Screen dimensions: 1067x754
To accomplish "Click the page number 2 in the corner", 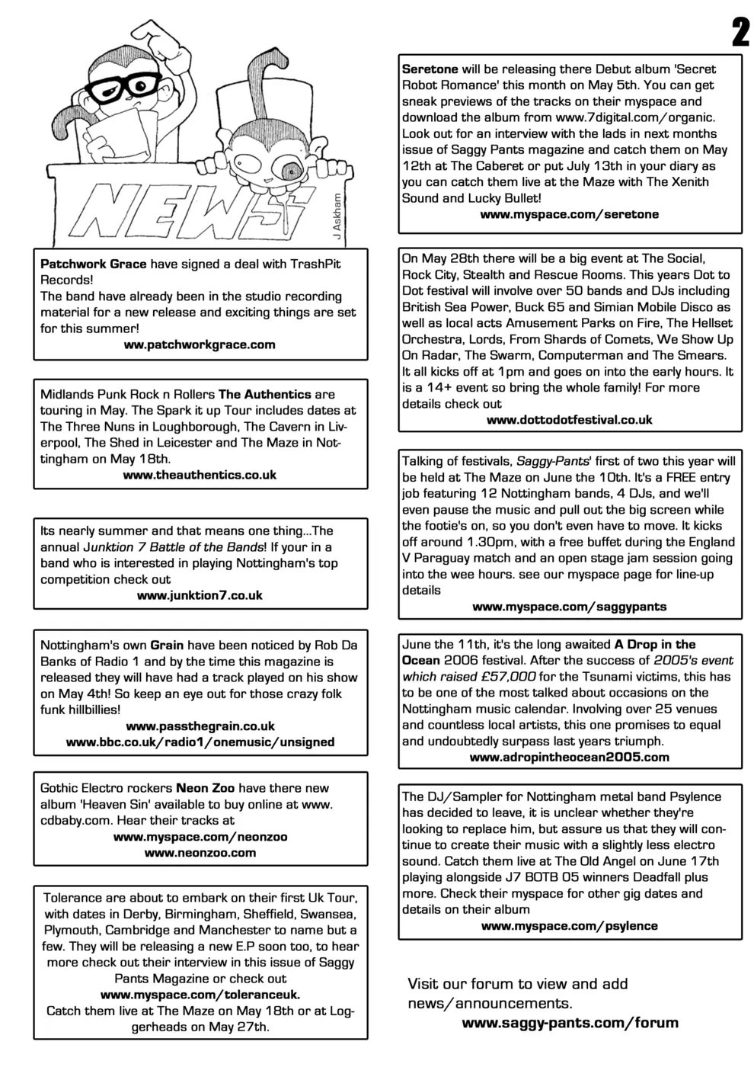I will pos(739,32).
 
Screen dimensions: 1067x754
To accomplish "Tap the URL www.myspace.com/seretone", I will pos(569,214).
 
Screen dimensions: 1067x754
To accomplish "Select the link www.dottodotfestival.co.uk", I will pos(569,420).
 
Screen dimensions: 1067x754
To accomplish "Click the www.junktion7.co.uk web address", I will pos(200,595).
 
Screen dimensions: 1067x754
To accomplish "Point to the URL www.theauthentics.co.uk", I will pos(200,475).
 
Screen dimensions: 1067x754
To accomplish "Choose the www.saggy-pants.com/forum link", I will pos(570,1023).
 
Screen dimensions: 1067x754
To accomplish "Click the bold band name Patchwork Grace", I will pos(93,264).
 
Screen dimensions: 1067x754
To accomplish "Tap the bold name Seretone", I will pos(430,69).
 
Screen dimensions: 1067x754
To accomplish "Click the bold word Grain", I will pos(167,645).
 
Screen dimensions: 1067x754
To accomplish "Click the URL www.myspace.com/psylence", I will pos(569,926).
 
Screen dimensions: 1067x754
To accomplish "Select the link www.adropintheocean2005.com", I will pos(569,757).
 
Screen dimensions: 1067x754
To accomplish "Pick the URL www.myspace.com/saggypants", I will pos(569,607).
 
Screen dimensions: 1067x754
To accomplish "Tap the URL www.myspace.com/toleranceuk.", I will pos(200,995).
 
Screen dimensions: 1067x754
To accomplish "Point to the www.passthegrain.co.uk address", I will pos(200,726).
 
